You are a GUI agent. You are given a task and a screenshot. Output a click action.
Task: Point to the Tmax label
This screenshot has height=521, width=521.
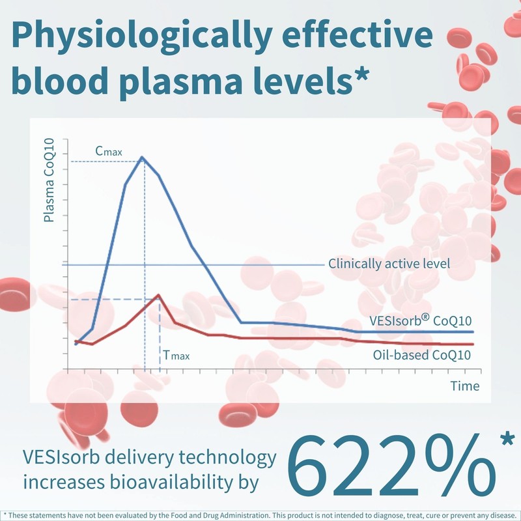point(176,356)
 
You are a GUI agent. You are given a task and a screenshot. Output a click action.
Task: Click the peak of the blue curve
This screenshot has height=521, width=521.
point(143,157)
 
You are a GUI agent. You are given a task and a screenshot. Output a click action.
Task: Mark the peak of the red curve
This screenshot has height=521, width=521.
point(158,295)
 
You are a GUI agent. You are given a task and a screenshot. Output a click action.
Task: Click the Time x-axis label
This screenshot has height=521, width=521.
point(465,386)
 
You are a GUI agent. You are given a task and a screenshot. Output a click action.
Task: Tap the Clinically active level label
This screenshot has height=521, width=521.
point(389,264)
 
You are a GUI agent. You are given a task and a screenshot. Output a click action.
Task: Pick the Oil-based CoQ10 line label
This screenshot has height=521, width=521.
point(422,354)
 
